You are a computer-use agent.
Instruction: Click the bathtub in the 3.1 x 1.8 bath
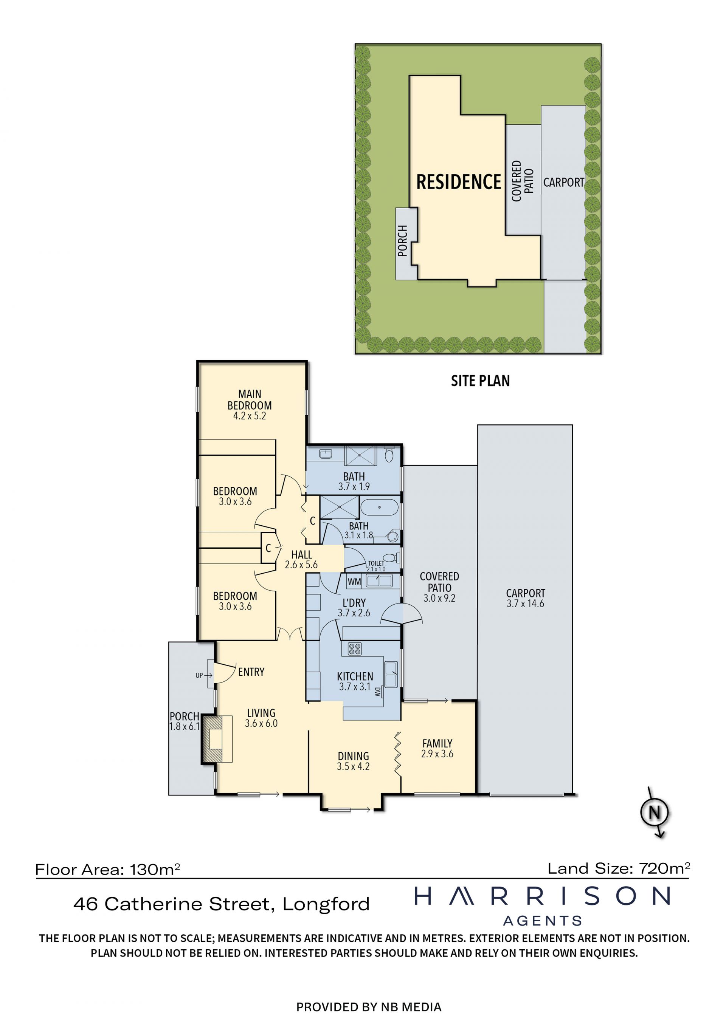tap(379, 508)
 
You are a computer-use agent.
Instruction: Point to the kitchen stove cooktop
tap(355, 649)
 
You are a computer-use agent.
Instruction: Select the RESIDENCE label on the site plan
tap(459, 182)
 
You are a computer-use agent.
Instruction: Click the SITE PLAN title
tap(480, 381)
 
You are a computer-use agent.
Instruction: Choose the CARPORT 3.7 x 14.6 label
tap(525, 598)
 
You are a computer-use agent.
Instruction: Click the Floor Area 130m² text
tap(107, 870)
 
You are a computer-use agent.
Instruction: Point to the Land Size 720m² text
tap(619, 868)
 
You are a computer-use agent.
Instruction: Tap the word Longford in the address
tap(326, 904)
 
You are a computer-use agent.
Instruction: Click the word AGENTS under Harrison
tap(542, 921)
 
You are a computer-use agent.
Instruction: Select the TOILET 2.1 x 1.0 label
tap(376, 566)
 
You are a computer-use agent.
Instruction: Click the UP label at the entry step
tap(199, 675)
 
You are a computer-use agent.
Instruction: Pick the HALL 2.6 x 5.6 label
tap(301, 559)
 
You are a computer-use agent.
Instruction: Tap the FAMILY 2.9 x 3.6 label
tap(437, 748)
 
